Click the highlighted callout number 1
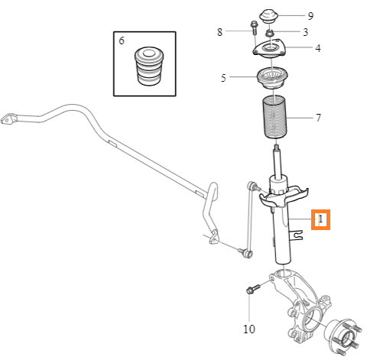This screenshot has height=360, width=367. click(320, 219)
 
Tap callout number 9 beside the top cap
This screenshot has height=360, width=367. click(310, 16)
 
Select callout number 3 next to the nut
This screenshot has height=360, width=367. click(305, 32)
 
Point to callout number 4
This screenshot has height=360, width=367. click(318, 48)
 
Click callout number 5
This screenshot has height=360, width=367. click(223, 78)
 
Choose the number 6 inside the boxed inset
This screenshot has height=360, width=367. click(122, 41)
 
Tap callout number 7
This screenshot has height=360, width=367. click(318, 118)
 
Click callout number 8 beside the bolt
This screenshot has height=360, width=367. click(219, 32)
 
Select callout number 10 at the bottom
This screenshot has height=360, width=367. click(249, 329)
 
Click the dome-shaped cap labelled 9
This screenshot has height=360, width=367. click(268, 16)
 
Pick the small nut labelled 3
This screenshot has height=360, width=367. click(269, 33)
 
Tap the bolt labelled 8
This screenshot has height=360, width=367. click(254, 28)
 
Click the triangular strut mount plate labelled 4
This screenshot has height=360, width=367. click(269, 48)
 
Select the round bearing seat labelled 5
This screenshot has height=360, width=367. click(272, 77)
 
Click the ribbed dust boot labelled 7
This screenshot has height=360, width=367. click(274, 117)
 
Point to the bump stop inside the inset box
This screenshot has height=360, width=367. click(148, 66)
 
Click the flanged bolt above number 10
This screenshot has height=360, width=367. click(252, 289)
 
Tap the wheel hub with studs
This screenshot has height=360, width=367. click(343, 336)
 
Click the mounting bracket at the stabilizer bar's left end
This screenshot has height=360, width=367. click(8, 118)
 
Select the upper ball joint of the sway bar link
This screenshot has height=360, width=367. click(252, 185)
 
